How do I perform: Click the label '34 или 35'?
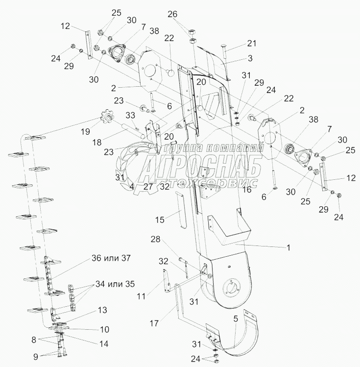[x=116, y=284]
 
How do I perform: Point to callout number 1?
[x=289, y=248]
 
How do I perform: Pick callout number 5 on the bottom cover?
[x=236, y=318]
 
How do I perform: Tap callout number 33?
[x=130, y=115]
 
